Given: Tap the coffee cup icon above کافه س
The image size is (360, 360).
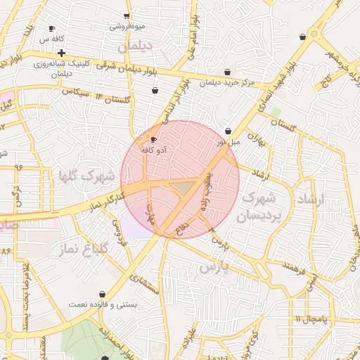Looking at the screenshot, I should coord(51,29).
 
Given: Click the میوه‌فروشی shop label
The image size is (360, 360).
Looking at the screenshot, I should coord(127,26).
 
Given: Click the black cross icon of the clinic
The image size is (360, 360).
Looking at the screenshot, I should coord(62,53).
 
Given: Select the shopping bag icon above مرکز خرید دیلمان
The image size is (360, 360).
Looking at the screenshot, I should coord(227,72).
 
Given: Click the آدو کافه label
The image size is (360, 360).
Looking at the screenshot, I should coord(153,150).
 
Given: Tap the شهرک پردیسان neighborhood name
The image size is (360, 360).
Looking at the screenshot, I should coord(261,209).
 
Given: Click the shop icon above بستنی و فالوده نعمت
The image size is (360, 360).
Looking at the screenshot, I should coord(102,294).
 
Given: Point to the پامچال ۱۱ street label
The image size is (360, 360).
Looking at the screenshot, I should coord(311,319).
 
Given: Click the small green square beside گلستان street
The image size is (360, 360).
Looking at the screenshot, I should coord(276,112).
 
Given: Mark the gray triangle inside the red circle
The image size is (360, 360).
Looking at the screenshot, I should coord(184,187).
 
